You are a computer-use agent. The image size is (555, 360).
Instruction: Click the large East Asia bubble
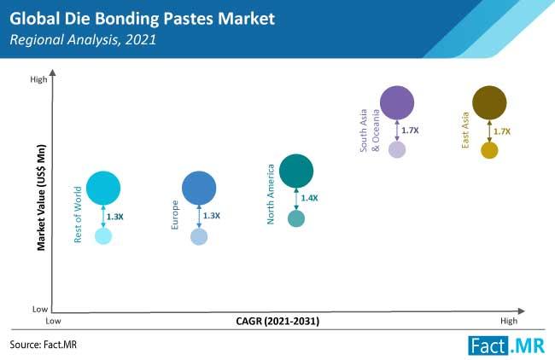[489, 103]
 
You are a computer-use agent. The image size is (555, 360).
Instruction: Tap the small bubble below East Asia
[489, 151]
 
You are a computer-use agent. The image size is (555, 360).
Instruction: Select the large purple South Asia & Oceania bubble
[397, 103]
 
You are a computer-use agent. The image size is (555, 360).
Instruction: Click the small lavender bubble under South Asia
[397, 149]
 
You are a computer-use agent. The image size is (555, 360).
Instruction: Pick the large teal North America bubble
[296, 171]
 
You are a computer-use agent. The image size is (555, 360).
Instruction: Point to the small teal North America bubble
[296, 219]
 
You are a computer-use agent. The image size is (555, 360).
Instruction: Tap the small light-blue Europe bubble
[199, 237]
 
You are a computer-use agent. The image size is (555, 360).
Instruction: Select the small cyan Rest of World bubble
[103, 236]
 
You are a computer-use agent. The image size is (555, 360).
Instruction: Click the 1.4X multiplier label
[309, 198]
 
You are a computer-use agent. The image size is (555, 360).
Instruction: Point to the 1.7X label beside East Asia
[502, 131]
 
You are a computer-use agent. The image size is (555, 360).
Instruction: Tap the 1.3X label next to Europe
[212, 217]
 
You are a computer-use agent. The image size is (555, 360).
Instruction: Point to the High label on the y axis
[38, 80]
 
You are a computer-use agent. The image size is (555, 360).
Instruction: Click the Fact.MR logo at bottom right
[507, 345]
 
